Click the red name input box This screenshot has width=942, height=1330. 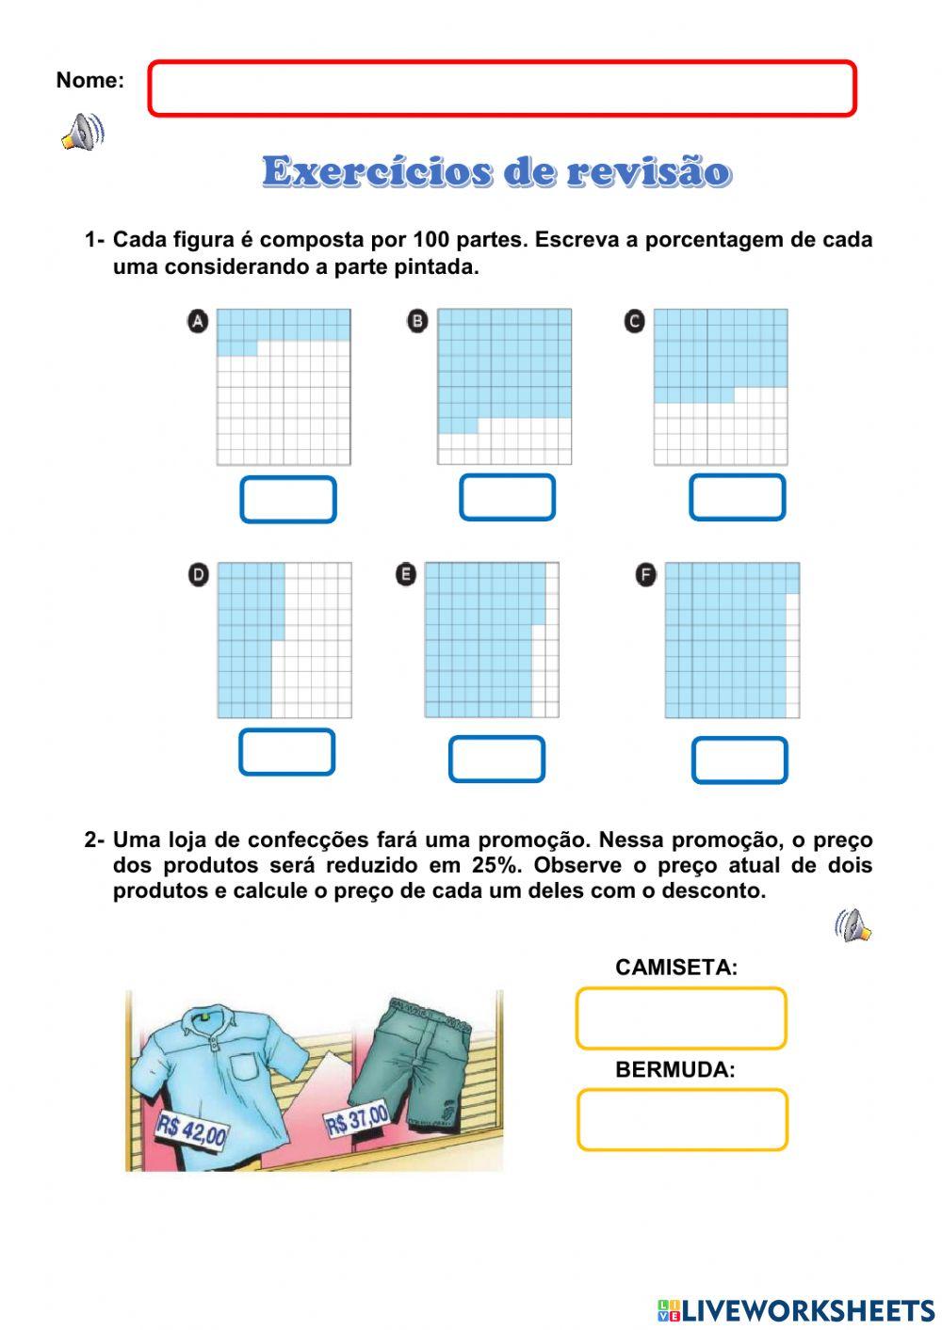tap(502, 88)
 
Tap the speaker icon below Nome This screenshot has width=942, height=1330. tap(83, 133)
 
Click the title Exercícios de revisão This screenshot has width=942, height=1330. tap(496, 172)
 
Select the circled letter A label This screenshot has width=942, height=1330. tap(198, 322)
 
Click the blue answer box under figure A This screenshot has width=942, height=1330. tap(288, 500)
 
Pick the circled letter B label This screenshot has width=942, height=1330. tap(417, 321)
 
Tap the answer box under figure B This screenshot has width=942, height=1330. tap(507, 498)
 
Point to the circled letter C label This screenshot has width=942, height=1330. tap(635, 321)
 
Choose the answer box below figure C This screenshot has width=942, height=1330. tap(737, 498)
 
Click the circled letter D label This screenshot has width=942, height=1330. tap(199, 575)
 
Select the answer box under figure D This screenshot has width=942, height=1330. tap(287, 752)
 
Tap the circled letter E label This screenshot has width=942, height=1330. tap(406, 574)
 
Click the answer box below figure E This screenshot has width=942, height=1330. tap(496, 760)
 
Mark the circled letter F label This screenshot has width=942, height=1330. tap(645, 575)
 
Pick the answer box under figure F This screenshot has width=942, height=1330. tap(739, 761)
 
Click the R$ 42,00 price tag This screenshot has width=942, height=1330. tap(192, 1130)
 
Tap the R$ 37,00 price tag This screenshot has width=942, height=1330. tap(356, 1120)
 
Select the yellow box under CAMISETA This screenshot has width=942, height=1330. tap(681, 1018)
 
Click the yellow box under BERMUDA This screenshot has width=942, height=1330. tap(682, 1120)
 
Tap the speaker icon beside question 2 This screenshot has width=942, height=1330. tap(853, 926)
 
